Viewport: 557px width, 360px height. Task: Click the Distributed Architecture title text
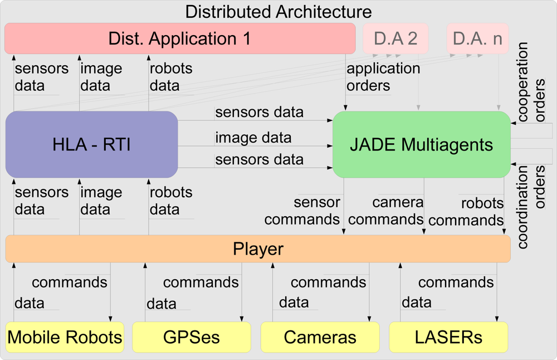tap(278, 11)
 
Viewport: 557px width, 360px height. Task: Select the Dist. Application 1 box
tap(179, 38)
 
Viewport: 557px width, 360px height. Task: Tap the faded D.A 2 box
tap(395, 38)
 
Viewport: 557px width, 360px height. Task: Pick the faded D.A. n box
tap(477, 38)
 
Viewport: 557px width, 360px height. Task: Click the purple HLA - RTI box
tap(91, 144)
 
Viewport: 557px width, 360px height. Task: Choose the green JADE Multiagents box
tap(421, 144)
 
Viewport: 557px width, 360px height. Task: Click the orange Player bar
tap(257, 249)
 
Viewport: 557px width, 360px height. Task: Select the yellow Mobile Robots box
tap(65, 337)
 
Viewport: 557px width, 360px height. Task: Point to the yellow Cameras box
tap(320, 337)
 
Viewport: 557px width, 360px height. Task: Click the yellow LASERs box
tap(448, 337)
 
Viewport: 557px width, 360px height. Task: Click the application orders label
tap(383, 77)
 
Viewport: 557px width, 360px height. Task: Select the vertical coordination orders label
tap(531, 206)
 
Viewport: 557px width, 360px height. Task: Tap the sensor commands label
tap(302, 211)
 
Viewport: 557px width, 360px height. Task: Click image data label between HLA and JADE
tap(253, 137)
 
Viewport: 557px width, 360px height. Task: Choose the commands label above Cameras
tap(328, 282)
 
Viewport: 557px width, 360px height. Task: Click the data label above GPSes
tap(162, 304)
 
